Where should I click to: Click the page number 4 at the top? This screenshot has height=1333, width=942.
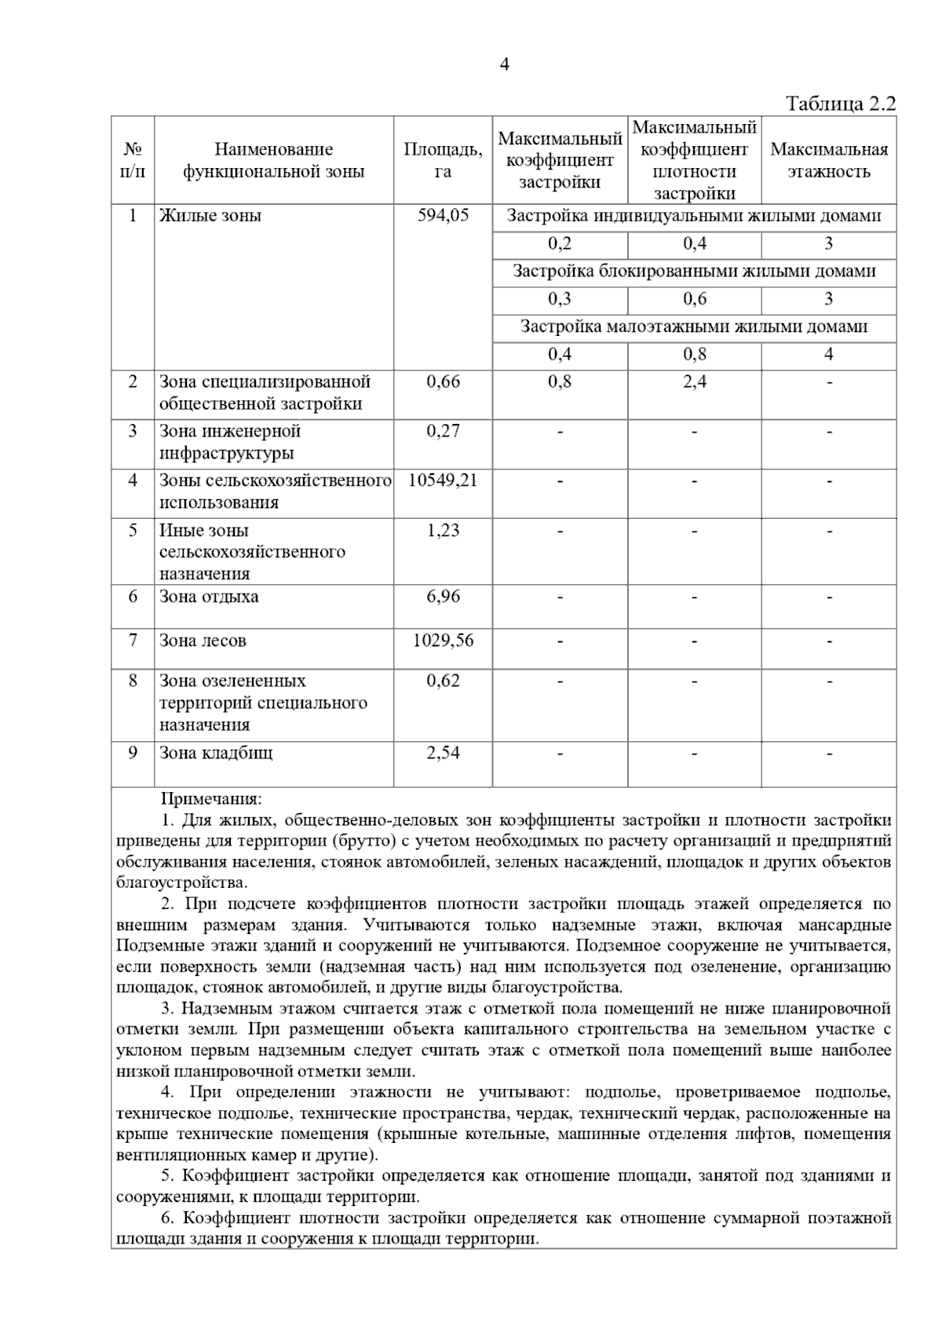[505, 65]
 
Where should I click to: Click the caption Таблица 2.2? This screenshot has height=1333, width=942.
[840, 104]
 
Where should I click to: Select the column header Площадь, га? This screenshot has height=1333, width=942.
[443, 160]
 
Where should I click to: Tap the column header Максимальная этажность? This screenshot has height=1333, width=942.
[828, 160]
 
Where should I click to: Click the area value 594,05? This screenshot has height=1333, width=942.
[443, 216]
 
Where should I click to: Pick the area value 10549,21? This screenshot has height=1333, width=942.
[443, 480]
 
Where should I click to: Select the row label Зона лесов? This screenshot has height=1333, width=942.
[203, 641]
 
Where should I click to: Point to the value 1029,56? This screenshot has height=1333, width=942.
[443, 641]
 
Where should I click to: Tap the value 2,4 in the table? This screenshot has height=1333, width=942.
[694, 382]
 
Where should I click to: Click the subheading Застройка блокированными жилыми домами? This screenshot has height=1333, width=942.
[694, 272]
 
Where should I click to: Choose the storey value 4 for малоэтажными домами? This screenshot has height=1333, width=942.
[828, 354]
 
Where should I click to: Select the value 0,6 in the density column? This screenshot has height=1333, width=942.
[694, 299]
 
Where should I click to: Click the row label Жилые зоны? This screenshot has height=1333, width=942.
[210, 216]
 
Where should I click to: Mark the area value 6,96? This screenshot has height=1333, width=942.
[443, 597]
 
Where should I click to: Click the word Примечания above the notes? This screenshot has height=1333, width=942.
[210, 799]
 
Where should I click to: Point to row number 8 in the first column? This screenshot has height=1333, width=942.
[133, 681]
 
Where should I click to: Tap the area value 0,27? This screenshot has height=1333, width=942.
[443, 431]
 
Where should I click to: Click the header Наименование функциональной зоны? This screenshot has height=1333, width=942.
[274, 160]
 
